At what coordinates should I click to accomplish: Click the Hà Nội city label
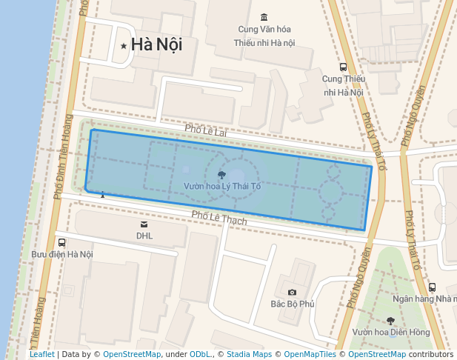click(156, 45)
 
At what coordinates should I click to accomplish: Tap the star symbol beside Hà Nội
click(124, 46)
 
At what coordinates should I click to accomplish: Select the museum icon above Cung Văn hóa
click(264, 17)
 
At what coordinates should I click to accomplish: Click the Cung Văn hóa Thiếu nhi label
click(264, 36)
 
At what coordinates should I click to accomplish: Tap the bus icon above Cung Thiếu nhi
click(342, 66)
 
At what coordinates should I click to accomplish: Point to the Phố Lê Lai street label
click(204, 130)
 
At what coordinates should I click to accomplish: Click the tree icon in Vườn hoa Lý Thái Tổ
click(222, 174)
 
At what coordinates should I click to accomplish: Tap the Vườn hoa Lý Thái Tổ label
click(222, 186)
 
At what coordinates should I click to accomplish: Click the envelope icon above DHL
click(144, 224)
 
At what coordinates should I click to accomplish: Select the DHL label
click(144, 236)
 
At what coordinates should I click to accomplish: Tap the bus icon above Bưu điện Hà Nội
click(61, 241)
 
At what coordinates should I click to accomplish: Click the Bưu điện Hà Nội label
click(62, 254)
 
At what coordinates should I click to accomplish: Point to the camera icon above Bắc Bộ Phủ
click(293, 292)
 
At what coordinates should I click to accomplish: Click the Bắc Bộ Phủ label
click(293, 304)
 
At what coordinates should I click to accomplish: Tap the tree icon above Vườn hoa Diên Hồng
click(390, 320)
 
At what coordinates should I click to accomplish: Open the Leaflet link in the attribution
click(41, 354)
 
